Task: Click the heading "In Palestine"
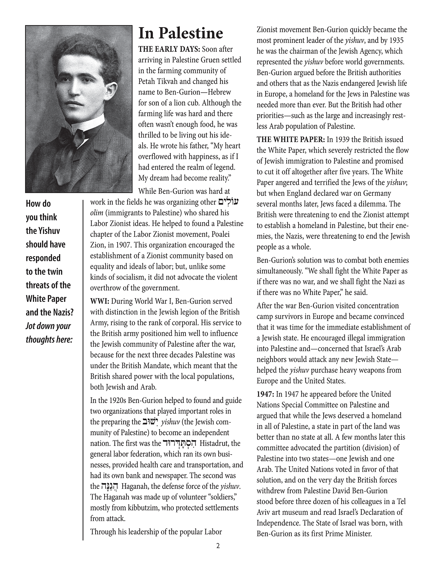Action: click(x=181, y=34)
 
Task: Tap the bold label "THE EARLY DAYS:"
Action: click(x=163, y=49)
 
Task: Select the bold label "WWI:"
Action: click(x=99, y=301)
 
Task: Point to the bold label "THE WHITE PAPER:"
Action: click(x=291, y=140)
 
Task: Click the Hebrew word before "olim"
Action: click(x=228, y=201)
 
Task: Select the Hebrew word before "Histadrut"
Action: click(x=180, y=443)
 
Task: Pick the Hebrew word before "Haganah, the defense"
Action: click(x=109, y=486)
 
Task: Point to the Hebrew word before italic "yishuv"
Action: click(x=150, y=421)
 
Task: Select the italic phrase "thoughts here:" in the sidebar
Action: click(x=49, y=340)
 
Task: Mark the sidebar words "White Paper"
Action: click(x=46, y=299)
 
